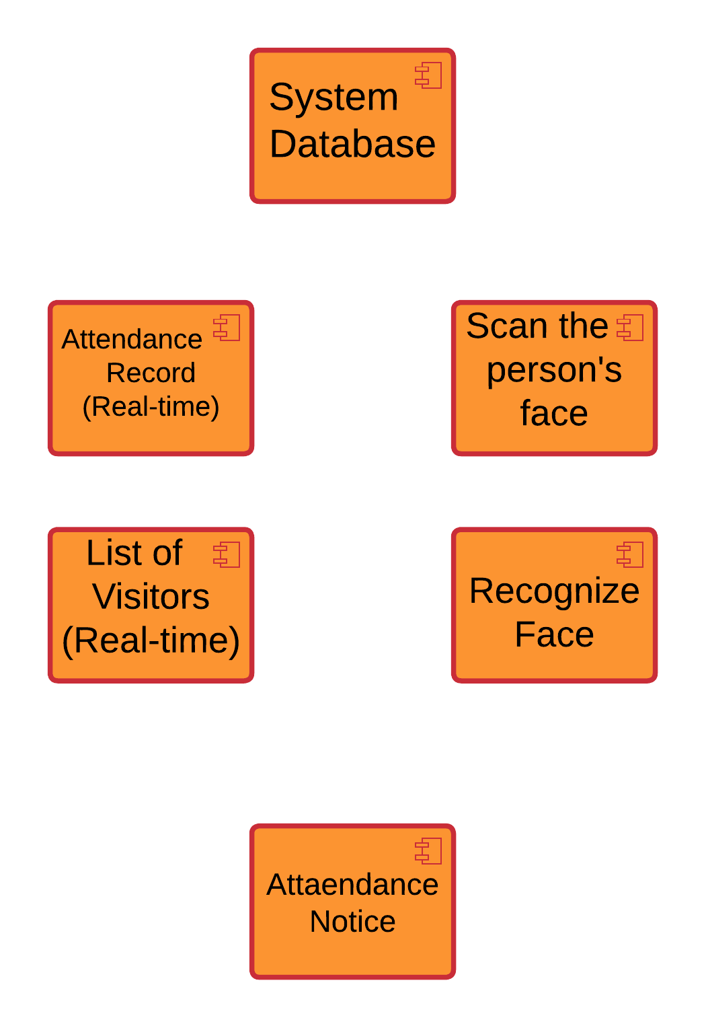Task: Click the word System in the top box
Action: (334, 98)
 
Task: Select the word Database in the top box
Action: (352, 145)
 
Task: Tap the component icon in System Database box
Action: (428, 75)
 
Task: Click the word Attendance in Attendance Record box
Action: (132, 339)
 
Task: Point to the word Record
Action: (151, 373)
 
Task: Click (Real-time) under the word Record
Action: (151, 407)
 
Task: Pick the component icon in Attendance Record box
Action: (227, 328)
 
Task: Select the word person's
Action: (554, 370)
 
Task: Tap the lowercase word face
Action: (554, 413)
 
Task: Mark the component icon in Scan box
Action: (630, 328)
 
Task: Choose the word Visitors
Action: (151, 597)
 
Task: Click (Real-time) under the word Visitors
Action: (151, 640)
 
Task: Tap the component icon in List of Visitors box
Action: (227, 555)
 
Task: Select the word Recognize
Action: (554, 591)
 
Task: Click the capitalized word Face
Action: (554, 634)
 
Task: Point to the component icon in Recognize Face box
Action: (630, 555)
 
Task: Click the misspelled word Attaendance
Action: (352, 885)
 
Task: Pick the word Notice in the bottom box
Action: (352, 922)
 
